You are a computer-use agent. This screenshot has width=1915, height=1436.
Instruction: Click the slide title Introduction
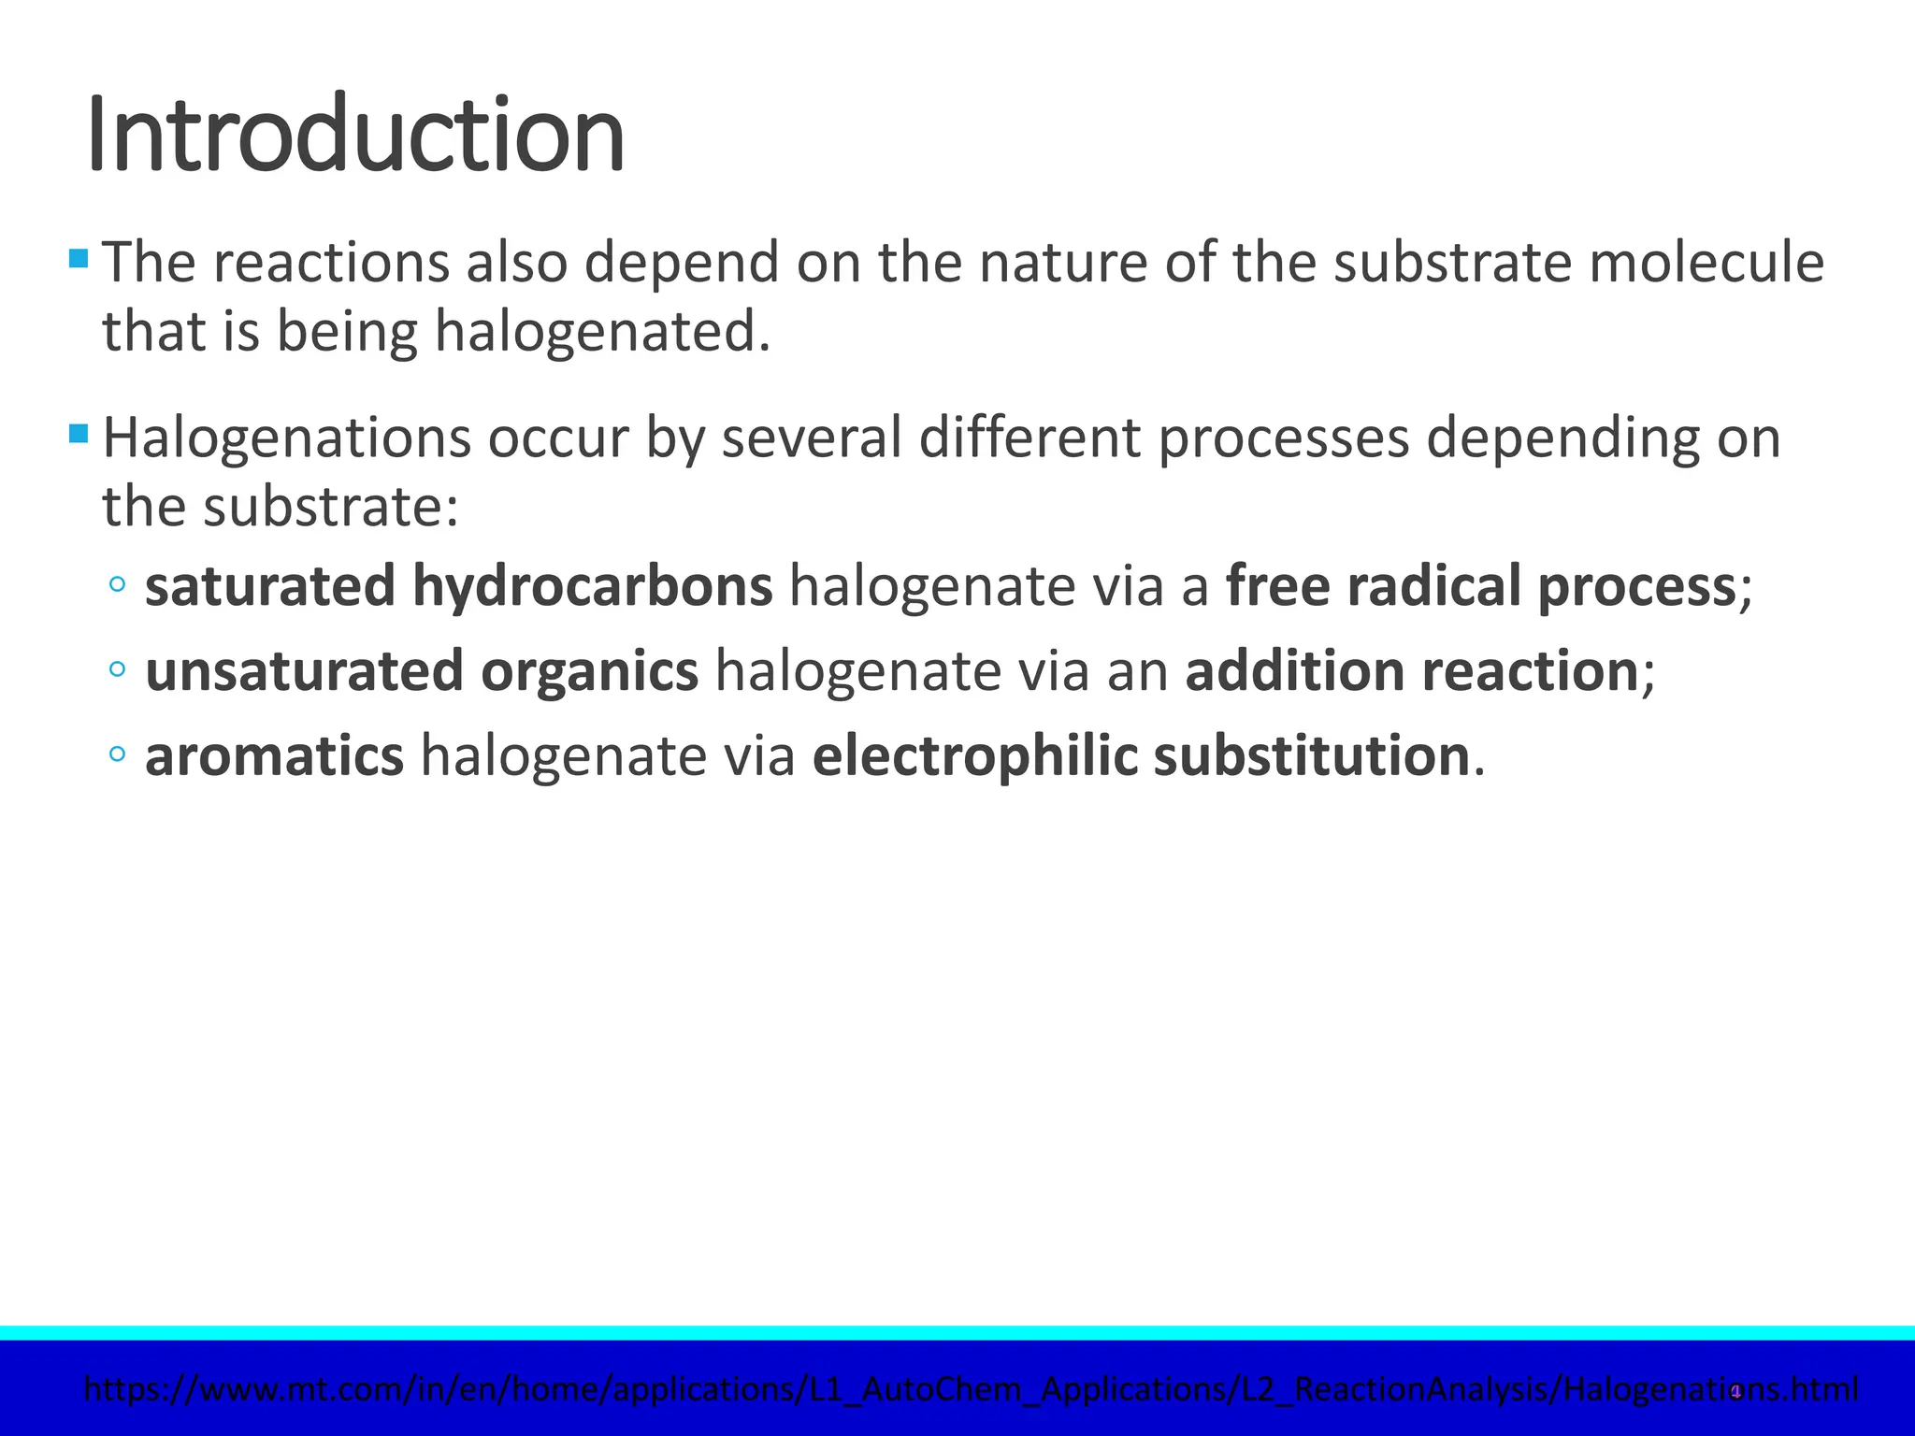coord(355,136)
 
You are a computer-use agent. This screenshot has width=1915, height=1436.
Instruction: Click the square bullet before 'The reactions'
coord(79,257)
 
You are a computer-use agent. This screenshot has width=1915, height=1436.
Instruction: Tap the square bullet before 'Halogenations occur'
coord(79,433)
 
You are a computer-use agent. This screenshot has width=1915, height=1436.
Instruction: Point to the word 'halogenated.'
coord(603,332)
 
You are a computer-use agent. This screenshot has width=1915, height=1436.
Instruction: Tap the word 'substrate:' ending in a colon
coord(331,507)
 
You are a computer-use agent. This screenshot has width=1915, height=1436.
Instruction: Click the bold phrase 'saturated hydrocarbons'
coord(458,586)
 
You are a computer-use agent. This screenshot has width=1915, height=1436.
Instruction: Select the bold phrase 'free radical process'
coord(1480,586)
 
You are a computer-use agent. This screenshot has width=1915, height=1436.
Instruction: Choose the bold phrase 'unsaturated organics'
coord(422,671)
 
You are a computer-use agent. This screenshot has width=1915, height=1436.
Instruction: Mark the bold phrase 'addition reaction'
coord(1411,671)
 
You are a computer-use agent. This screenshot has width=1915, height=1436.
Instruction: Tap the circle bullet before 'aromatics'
coord(117,754)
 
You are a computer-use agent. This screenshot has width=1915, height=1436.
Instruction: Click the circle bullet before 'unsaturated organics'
coord(117,669)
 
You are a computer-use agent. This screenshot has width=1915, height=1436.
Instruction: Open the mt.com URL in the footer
coord(971,1389)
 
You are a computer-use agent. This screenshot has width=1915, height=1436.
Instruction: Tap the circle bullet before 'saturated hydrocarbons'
coord(117,585)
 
